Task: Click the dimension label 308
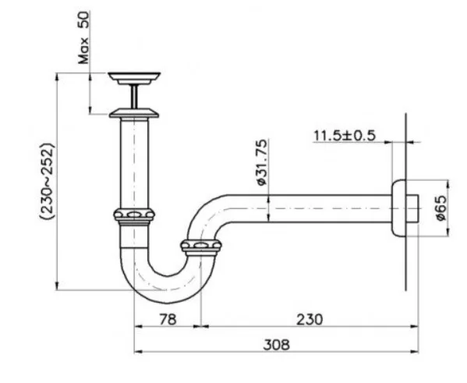pyautogui.click(x=271, y=343)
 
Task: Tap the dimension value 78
pyautogui.click(x=167, y=318)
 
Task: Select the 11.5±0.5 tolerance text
pyautogui.click(x=344, y=135)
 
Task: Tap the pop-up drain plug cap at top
pyautogui.click(x=135, y=77)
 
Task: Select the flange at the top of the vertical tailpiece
pyautogui.click(x=135, y=114)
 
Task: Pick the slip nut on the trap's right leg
pyautogui.click(x=201, y=248)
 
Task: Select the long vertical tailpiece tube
pyautogui.click(x=134, y=164)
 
